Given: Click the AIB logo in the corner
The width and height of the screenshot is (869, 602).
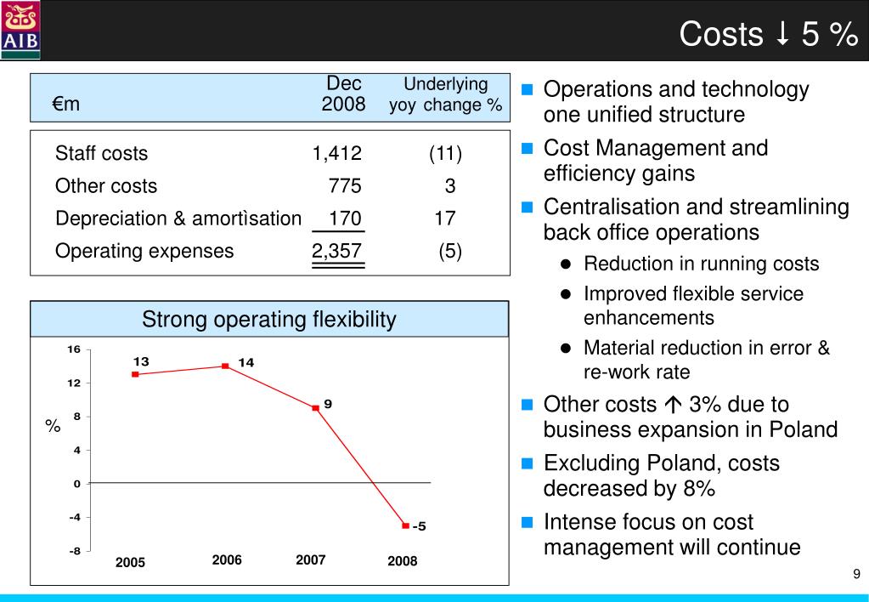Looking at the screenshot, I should click(x=20, y=30).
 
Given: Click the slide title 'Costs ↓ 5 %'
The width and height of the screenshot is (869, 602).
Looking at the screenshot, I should click(x=768, y=34).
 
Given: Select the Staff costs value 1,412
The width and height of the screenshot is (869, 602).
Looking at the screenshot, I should click(x=336, y=154).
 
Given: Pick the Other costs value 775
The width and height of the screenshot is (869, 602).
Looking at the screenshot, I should click(x=345, y=186).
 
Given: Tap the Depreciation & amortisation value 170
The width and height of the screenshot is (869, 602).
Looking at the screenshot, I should click(x=345, y=219).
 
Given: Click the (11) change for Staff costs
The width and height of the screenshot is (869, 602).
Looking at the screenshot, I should click(x=445, y=154).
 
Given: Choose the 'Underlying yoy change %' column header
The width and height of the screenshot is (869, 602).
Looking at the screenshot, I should click(x=445, y=94).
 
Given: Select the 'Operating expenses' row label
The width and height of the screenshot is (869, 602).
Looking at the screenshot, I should click(x=144, y=251).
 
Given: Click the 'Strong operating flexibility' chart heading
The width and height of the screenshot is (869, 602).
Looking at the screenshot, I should click(x=268, y=320).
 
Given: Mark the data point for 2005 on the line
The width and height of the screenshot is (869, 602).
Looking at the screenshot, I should click(x=135, y=374).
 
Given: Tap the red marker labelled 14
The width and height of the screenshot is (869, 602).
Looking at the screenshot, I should click(x=225, y=366).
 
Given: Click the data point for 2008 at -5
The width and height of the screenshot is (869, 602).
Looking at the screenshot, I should click(x=405, y=525).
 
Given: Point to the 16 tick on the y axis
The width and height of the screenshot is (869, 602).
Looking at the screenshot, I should click(x=75, y=349).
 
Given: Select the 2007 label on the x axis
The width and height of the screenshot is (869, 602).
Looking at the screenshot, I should click(x=311, y=559).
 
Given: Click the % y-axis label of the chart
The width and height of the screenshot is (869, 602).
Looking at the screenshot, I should click(x=53, y=427).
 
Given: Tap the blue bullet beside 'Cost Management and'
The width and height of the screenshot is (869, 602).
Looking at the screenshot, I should click(x=528, y=149).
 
